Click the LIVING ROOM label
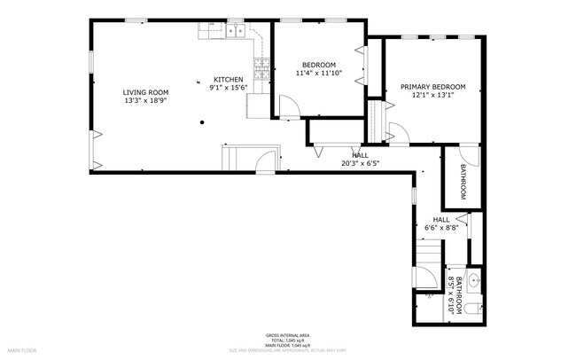(x=144, y=91)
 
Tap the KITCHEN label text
(x=228, y=79)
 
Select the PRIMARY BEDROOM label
(x=432, y=87)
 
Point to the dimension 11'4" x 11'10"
(x=318, y=74)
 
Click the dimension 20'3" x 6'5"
(x=360, y=163)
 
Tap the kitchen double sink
(x=236, y=32)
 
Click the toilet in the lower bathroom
(x=473, y=307)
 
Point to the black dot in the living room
(x=203, y=121)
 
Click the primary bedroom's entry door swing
(x=398, y=133)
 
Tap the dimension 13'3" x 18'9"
(x=144, y=100)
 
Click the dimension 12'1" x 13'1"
(x=432, y=96)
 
